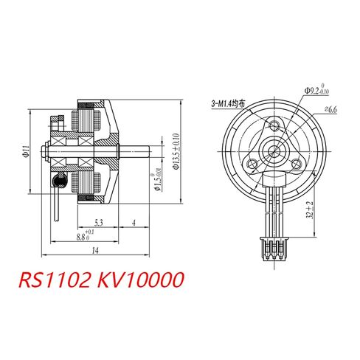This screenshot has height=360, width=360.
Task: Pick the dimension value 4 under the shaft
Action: point(133,222)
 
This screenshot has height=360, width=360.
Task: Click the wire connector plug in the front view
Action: point(274,249)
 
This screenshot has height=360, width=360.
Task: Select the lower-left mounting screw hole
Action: point(255,162)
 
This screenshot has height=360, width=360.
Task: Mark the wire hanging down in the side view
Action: point(57,203)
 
